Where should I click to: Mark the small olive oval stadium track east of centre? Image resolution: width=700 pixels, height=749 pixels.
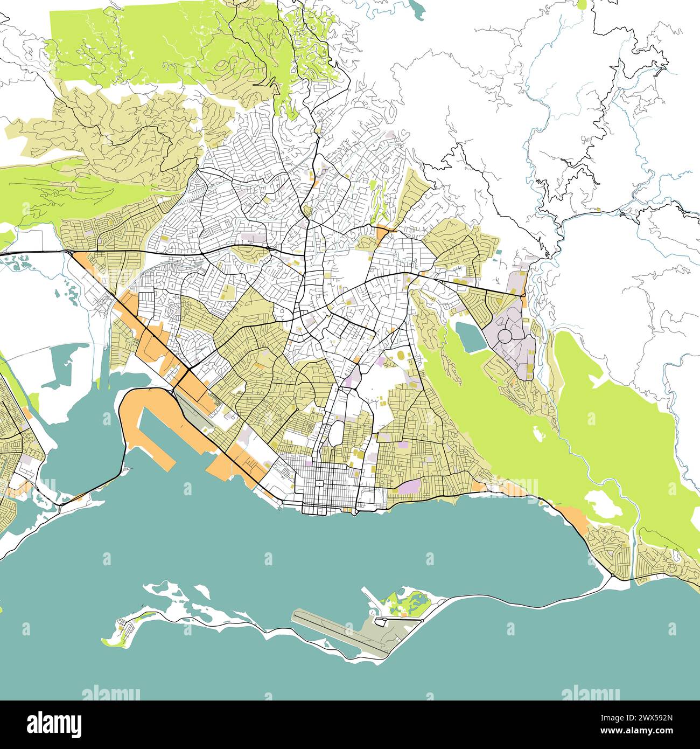[x=402, y=356]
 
